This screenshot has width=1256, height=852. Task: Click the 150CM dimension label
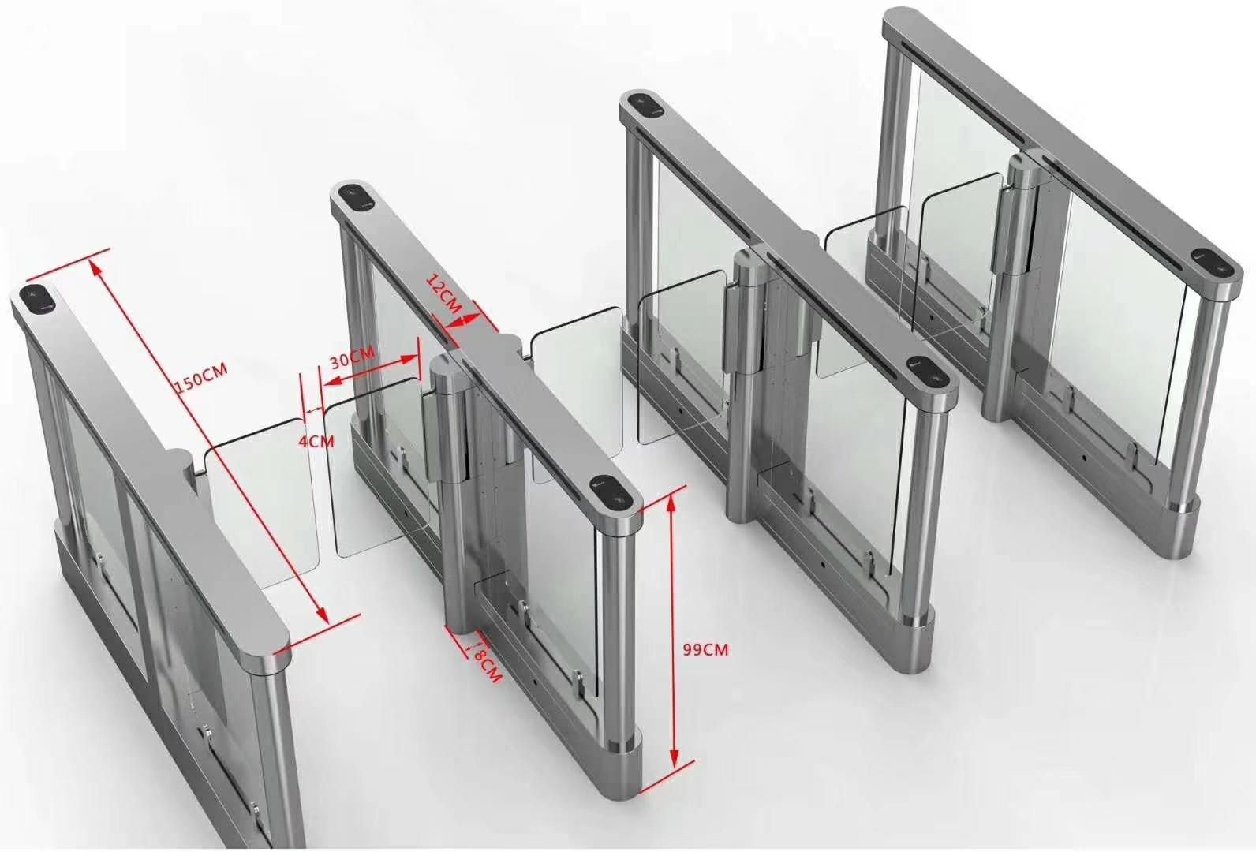click(x=201, y=378)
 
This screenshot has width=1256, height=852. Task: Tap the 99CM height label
click(x=705, y=650)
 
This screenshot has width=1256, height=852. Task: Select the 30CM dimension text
click(x=352, y=357)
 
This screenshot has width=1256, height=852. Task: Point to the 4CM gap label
click(x=316, y=442)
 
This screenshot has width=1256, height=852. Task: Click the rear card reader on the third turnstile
click(x=645, y=106)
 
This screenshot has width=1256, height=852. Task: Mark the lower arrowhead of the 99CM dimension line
click(x=675, y=762)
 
